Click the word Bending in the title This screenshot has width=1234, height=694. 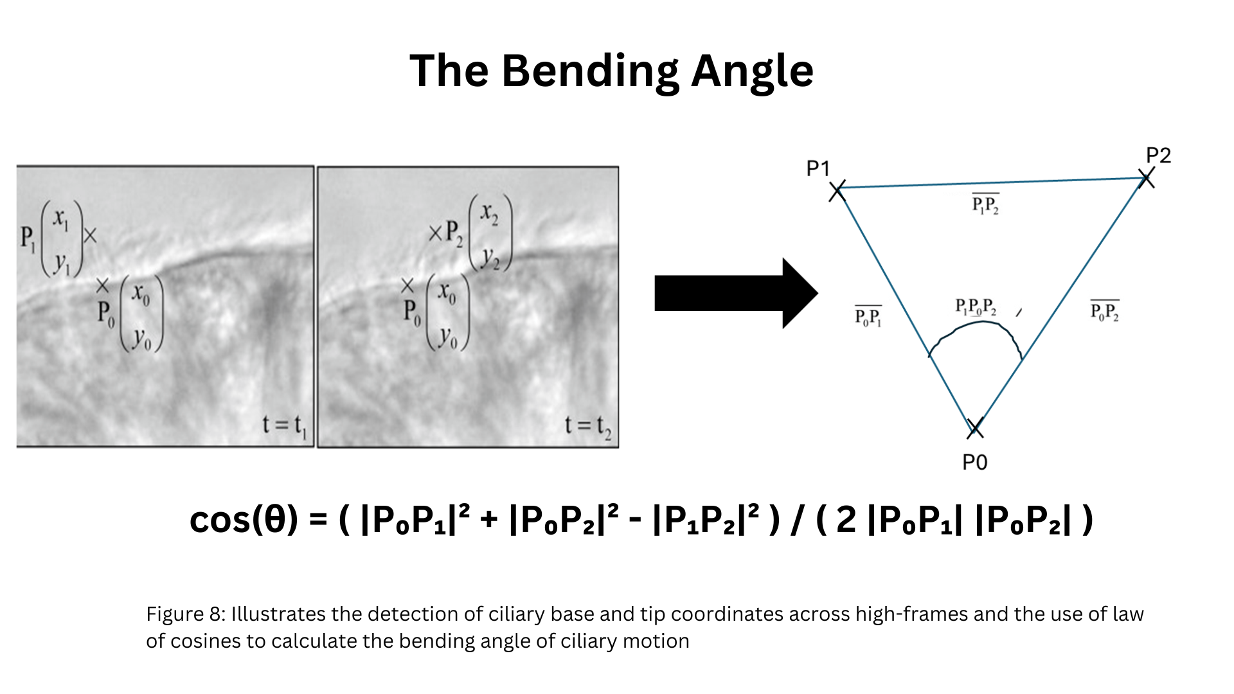tap(590, 72)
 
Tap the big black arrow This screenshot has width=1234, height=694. tap(736, 293)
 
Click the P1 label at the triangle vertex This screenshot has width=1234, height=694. tap(818, 168)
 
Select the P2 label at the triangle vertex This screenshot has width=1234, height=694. tap(1158, 155)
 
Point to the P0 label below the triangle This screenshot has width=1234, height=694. tap(974, 462)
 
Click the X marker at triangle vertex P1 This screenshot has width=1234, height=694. tap(837, 190)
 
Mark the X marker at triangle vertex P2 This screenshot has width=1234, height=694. tap(1145, 178)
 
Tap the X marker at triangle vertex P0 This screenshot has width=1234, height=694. tap(975, 427)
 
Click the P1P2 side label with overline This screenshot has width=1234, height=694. tap(985, 204)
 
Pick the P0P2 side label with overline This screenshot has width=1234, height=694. tap(1105, 310)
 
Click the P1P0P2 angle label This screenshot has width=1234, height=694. tap(976, 307)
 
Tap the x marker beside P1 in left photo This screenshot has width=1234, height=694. tap(90, 236)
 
